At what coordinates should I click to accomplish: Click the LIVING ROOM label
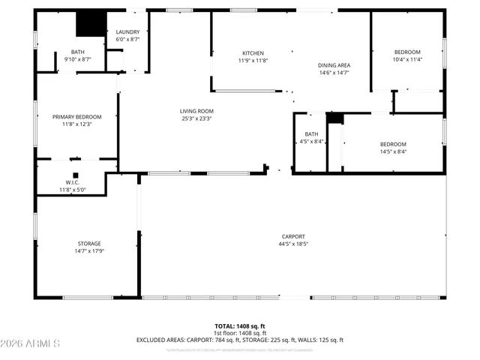click(196, 110)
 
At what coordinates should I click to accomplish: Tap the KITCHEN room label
click(253, 52)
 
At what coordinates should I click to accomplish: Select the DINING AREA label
click(334, 65)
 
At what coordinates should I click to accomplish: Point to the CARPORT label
click(293, 236)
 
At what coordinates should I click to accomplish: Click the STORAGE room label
click(88, 244)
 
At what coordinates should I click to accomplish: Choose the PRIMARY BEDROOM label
click(76, 116)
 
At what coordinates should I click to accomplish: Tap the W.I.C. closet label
click(73, 182)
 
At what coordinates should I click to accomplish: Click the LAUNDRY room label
click(128, 32)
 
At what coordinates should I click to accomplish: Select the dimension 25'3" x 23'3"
click(196, 118)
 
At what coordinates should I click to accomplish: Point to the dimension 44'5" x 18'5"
click(293, 244)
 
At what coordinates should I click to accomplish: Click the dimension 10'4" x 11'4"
click(407, 60)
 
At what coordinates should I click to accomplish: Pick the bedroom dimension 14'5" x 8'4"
click(392, 151)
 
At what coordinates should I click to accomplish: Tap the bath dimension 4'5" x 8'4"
click(311, 141)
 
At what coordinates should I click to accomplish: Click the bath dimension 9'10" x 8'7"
click(77, 59)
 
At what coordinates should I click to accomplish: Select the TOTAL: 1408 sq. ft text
click(240, 326)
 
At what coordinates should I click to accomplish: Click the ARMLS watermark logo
click(31, 343)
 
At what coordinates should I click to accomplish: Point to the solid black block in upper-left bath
click(91, 23)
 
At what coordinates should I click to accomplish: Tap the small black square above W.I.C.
click(75, 175)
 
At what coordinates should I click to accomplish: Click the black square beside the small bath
click(334, 118)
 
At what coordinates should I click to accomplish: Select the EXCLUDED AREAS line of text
click(240, 340)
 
